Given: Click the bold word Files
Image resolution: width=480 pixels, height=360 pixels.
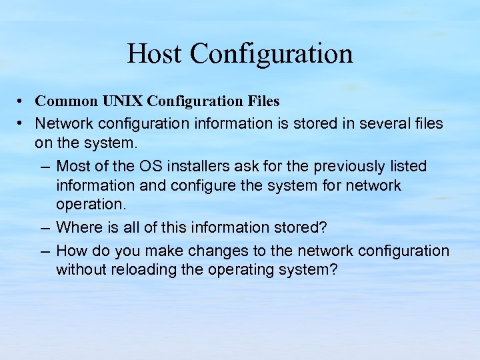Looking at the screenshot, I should point(261,101).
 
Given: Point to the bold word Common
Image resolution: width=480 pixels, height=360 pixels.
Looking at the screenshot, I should point(66,101).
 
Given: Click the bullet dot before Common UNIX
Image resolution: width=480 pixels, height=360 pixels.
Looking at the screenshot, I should point(21,102).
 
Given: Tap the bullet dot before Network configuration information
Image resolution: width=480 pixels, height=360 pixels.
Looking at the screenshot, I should point(21,123).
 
